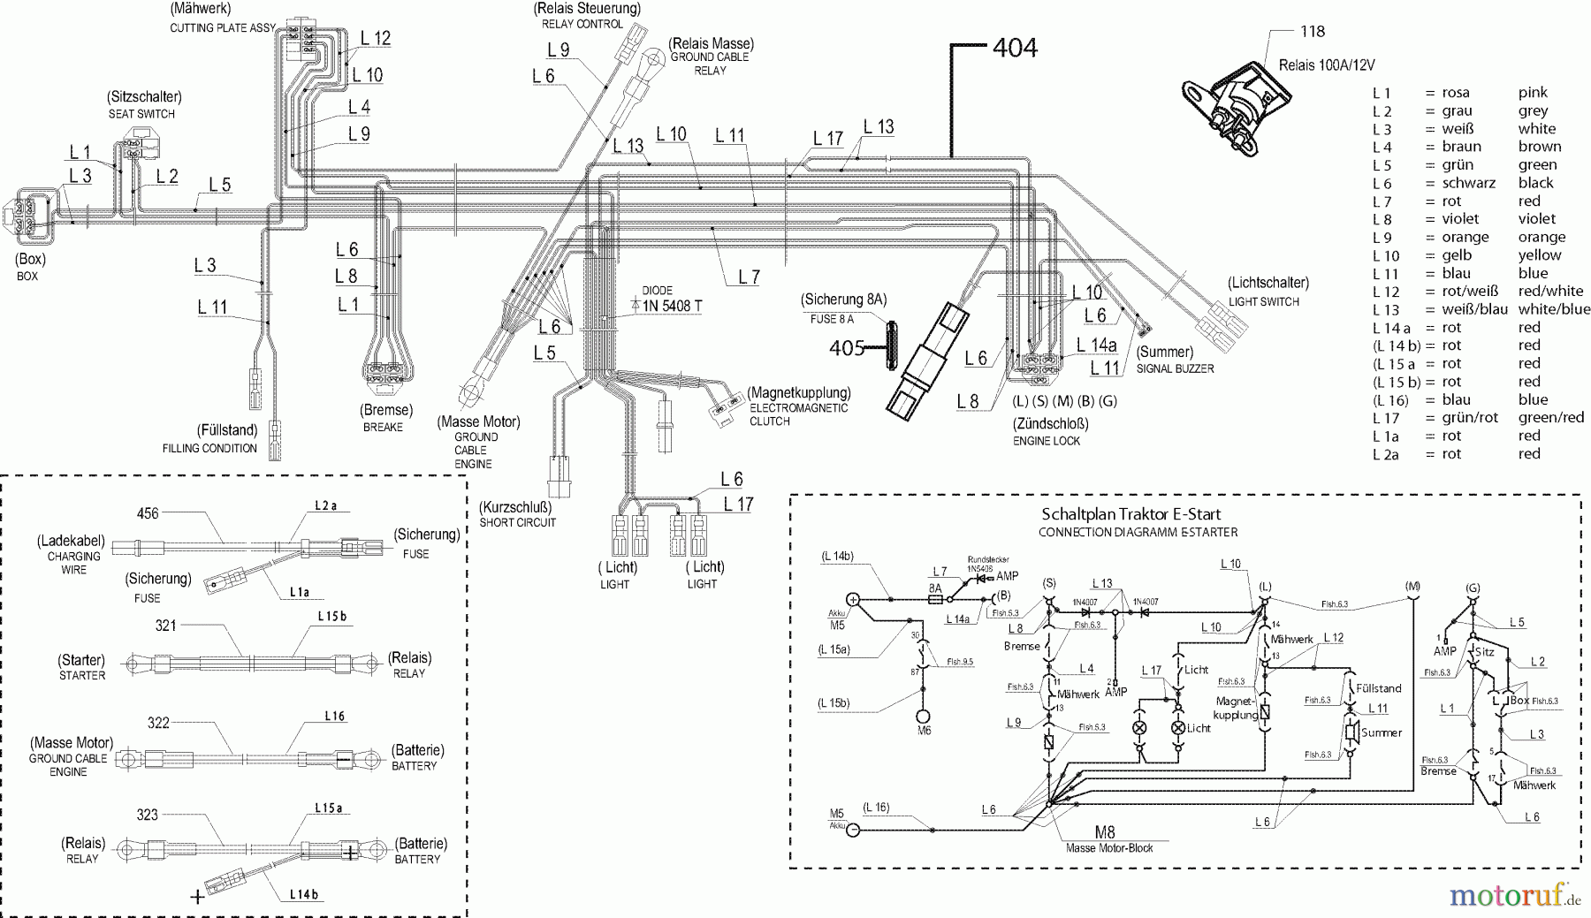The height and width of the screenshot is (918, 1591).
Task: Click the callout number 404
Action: click(x=1014, y=48)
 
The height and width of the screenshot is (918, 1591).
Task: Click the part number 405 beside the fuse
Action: click(x=847, y=348)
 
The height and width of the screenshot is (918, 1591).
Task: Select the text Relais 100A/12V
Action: click(x=1327, y=65)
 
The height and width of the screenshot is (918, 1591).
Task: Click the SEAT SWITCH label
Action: click(x=141, y=114)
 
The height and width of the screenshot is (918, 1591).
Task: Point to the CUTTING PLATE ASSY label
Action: click(x=223, y=27)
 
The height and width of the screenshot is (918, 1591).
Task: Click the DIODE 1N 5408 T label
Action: click(x=672, y=300)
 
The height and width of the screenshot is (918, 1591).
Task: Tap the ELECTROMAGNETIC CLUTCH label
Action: click(x=798, y=414)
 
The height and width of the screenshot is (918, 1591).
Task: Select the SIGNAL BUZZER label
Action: click(x=1175, y=368)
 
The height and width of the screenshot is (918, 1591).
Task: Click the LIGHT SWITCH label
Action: click(x=1264, y=301)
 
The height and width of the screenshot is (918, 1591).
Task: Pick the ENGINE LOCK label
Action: click(x=1047, y=441)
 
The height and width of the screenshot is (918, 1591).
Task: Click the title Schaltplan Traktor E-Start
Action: click(x=1131, y=514)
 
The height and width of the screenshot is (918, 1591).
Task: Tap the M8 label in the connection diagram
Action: click(x=1104, y=831)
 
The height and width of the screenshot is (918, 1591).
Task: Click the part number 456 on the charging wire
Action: click(x=148, y=513)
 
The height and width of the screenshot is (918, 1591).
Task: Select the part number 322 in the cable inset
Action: click(x=158, y=723)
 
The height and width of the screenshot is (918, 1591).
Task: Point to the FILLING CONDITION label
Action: click(x=209, y=448)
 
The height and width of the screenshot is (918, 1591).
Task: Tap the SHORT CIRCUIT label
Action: click(x=518, y=522)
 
